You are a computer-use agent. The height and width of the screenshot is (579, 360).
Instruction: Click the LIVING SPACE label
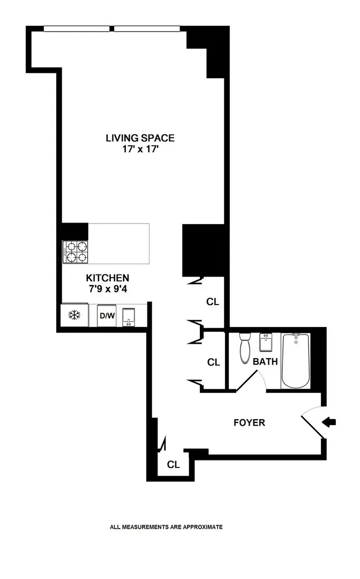tap(140, 138)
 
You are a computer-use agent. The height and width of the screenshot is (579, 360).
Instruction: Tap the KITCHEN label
tap(108, 278)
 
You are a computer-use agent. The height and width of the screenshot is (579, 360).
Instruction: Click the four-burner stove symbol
tap(76, 252)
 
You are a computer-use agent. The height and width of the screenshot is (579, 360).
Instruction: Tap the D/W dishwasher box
tap(107, 316)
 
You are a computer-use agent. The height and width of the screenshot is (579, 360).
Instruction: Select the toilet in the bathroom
tap(246, 348)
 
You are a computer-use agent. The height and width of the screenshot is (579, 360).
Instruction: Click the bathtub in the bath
tap(296, 360)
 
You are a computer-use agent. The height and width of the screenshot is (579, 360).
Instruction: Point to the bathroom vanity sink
tap(267, 342)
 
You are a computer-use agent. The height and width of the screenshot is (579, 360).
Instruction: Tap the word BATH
tap(265, 361)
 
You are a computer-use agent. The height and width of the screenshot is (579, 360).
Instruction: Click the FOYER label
tap(249, 422)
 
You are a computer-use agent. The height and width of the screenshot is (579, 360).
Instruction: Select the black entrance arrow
tap(329, 422)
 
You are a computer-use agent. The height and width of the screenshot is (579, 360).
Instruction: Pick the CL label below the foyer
tap(173, 464)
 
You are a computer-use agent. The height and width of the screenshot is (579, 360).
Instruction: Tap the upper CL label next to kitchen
tap(213, 302)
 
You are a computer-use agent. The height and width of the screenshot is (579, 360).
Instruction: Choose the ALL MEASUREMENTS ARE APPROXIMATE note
tap(166, 527)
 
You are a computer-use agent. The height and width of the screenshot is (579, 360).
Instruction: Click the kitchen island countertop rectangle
tap(118, 244)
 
